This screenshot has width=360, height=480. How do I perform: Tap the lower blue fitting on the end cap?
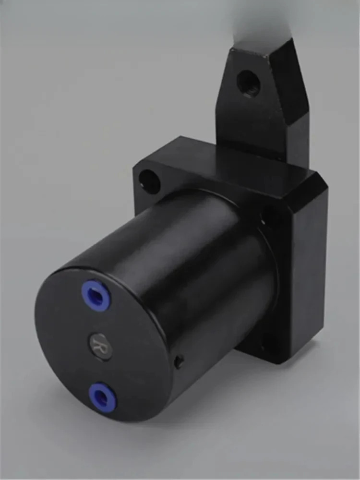pyautogui.click(x=102, y=397)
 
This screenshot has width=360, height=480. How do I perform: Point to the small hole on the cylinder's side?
pyautogui.click(x=179, y=361)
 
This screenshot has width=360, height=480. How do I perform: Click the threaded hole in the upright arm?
pyautogui.click(x=248, y=83)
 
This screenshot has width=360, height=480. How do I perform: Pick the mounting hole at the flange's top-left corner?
pyautogui.click(x=149, y=181)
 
